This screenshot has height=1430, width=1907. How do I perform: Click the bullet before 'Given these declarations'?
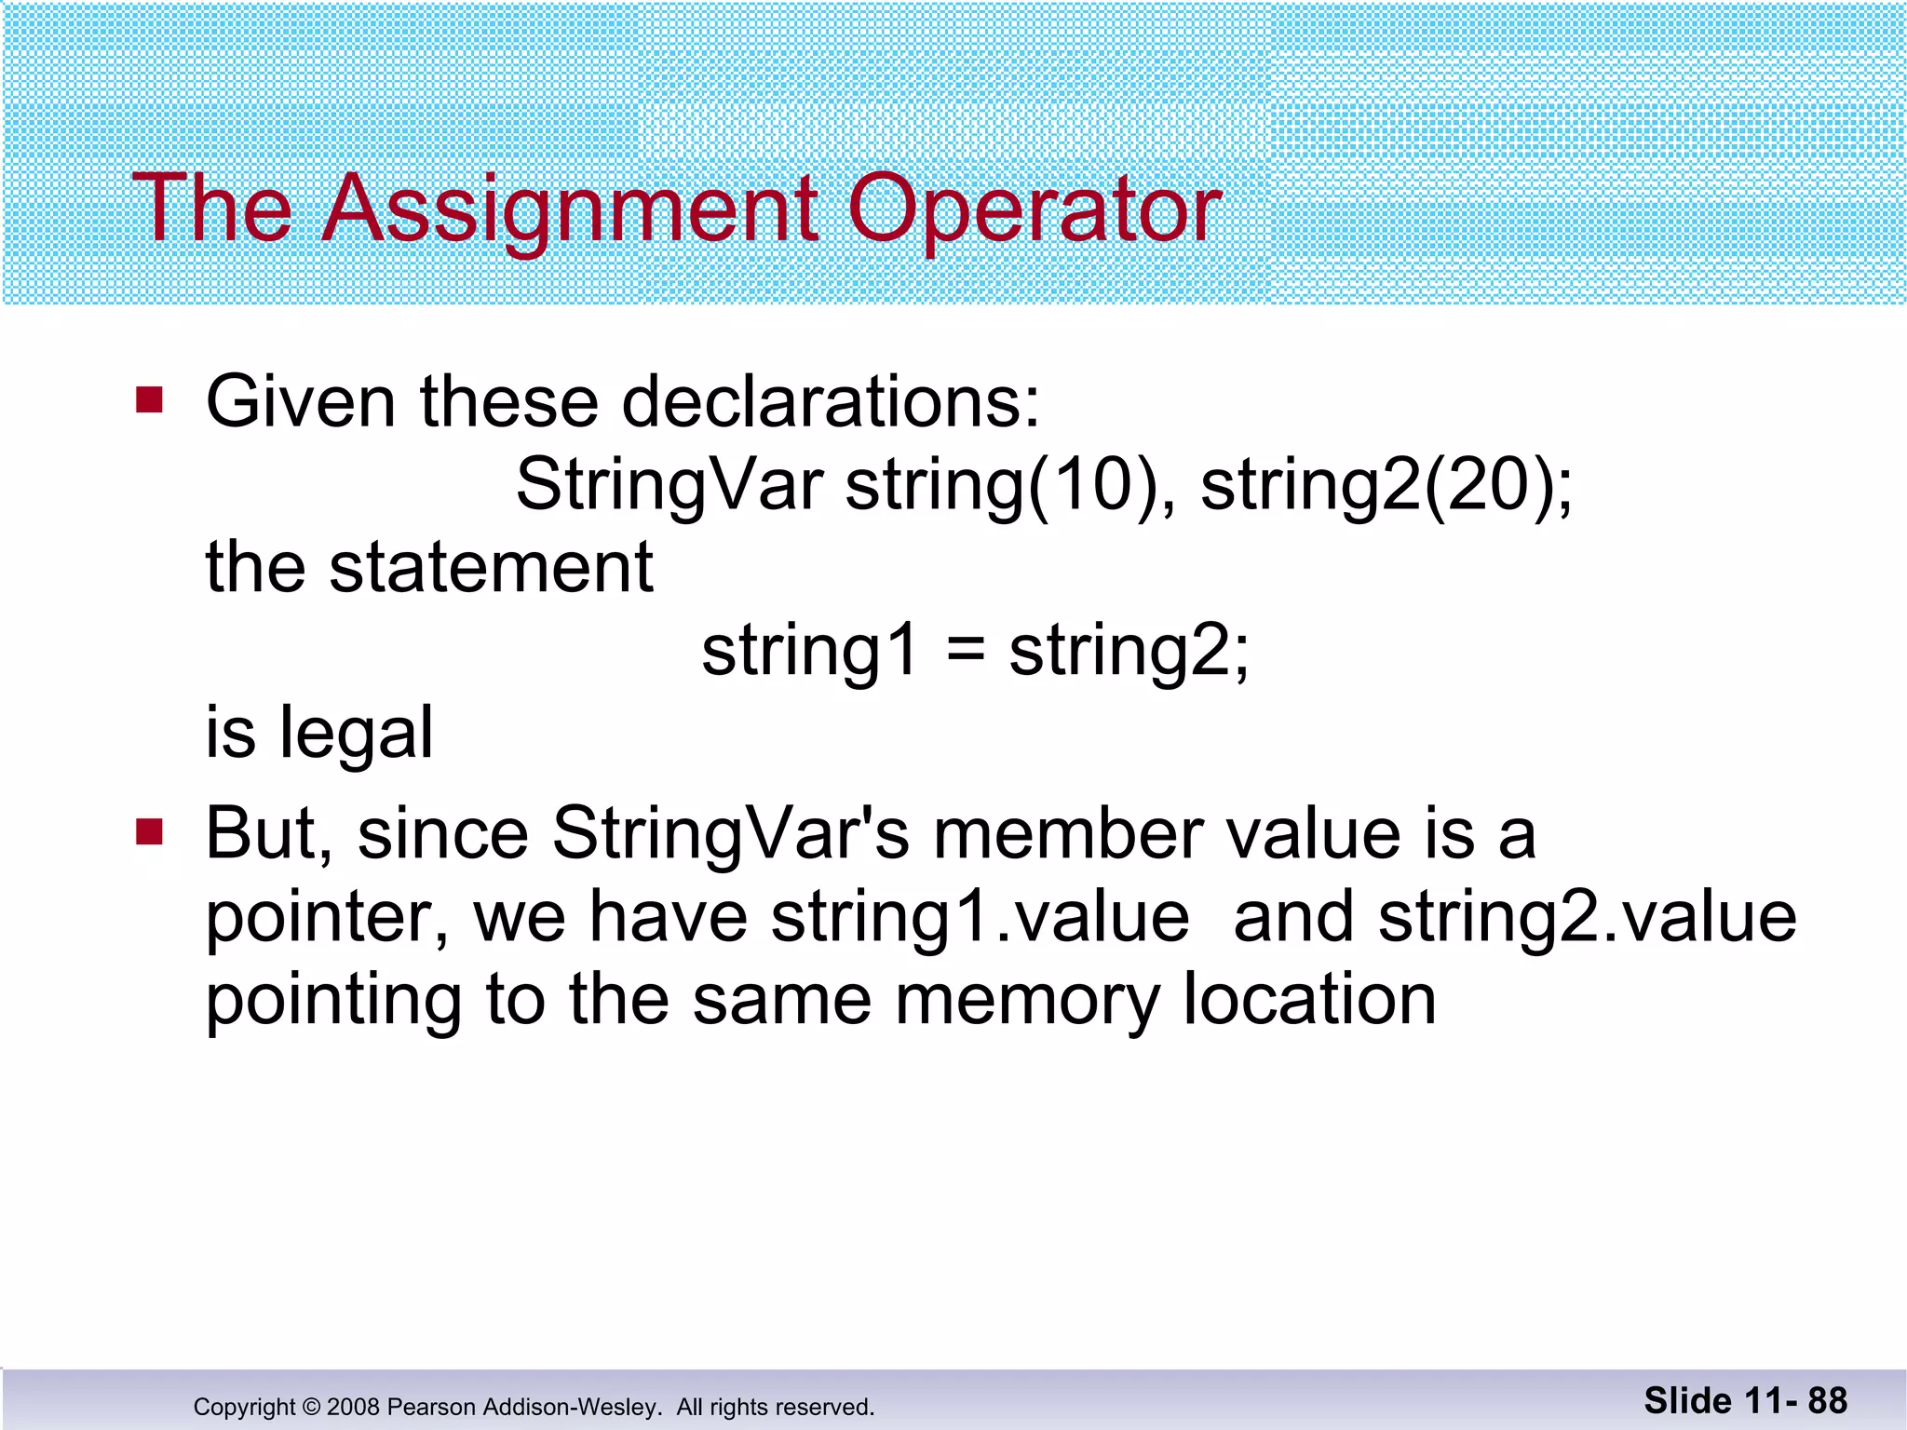point(149,400)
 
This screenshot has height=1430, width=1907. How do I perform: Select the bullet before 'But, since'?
point(149,831)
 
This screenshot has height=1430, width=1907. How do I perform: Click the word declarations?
point(830,402)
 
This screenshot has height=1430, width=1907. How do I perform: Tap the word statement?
point(491,567)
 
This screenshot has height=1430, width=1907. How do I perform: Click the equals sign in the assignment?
point(965,651)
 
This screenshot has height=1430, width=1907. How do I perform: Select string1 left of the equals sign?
point(810,651)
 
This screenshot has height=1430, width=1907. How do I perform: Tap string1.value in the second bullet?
point(981,917)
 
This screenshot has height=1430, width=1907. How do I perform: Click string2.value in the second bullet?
point(1588,917)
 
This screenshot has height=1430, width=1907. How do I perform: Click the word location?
point(1309,999)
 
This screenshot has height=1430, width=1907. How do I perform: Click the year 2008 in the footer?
point(353,1407)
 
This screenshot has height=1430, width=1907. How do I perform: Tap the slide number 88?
point(1827,1400)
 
